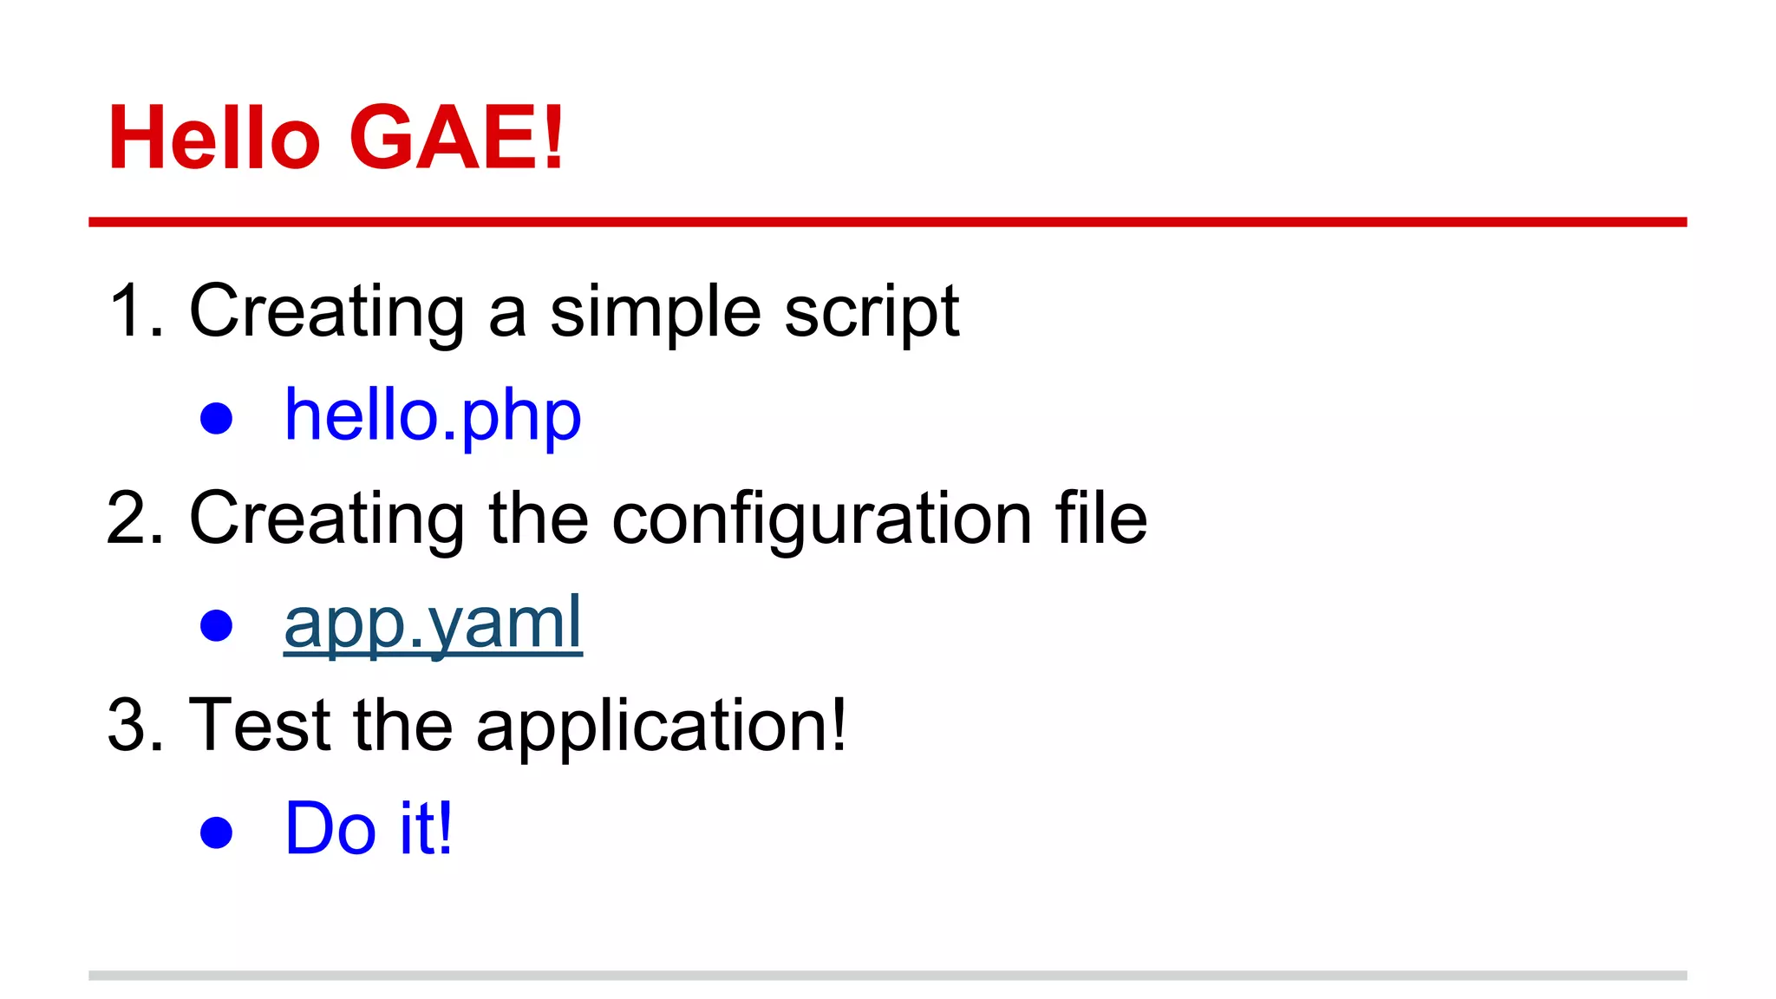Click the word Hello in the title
(x=214, y=138)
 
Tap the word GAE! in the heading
(x=457, y=138)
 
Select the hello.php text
(x=433, y=416)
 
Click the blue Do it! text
(x=369, y=829)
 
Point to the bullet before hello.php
(x=216, y=418)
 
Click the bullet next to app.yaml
(x=216, y=625)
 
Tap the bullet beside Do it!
(x=216, y=832)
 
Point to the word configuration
(x=821, y=519)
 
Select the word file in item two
(x=1100, y=518)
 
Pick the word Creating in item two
(x=327, y=519)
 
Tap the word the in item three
(x=402, y=725)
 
